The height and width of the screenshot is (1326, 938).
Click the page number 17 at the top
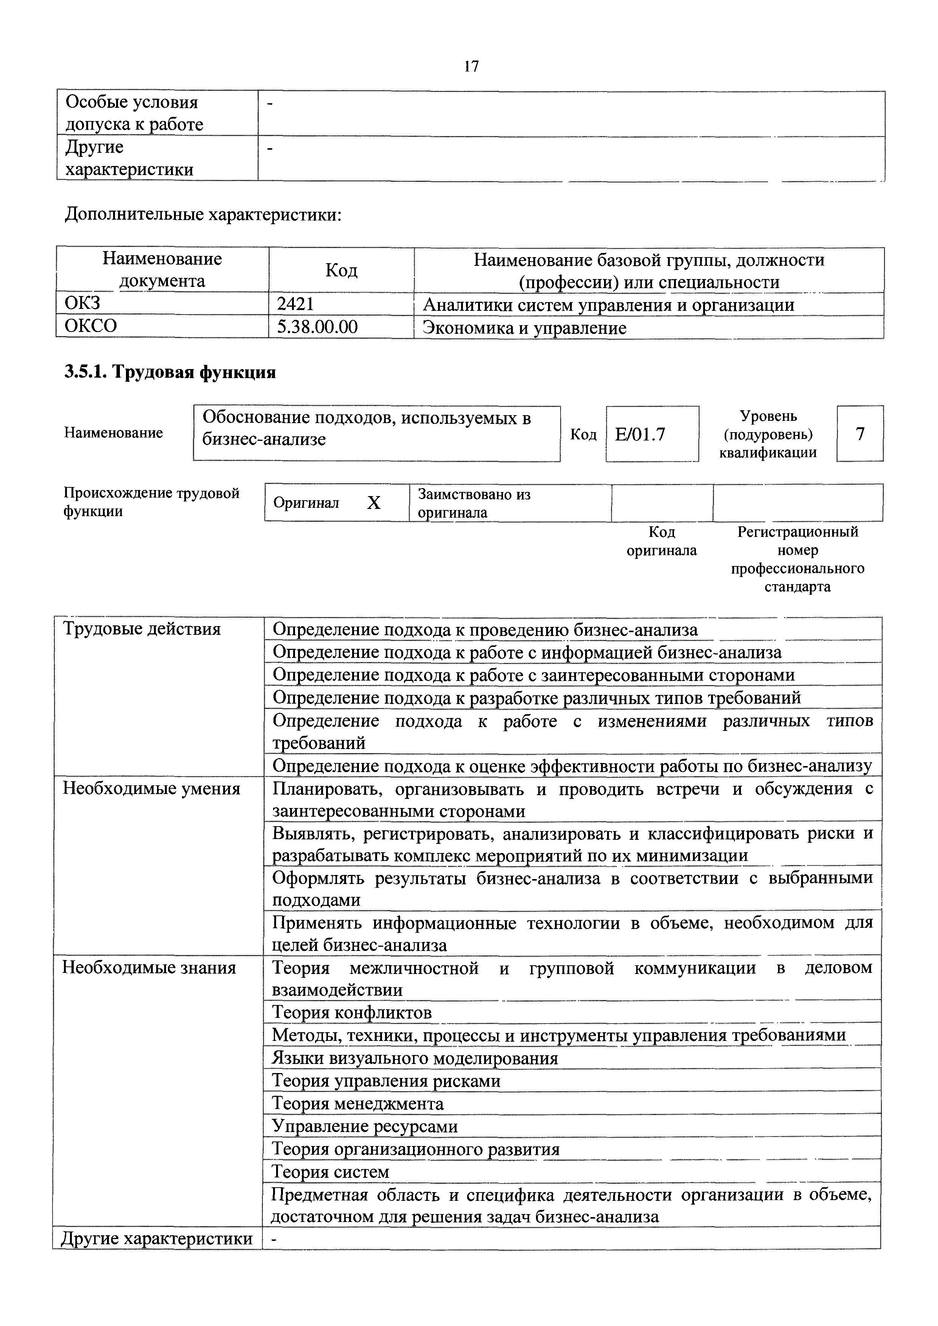[471, 67]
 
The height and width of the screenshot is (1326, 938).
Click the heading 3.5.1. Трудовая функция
[170, 372]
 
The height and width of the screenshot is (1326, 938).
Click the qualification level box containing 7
[860, 434]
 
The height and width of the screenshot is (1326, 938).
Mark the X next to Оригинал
[374, 503]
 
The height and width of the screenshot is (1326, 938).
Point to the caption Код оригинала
[662, 541]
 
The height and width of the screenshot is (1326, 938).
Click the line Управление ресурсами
[365, 1126]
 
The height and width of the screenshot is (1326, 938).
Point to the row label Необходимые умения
[151, 788]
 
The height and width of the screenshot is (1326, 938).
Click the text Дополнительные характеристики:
[203, 215]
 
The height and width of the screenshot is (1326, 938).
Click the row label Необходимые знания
[149, 967]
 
